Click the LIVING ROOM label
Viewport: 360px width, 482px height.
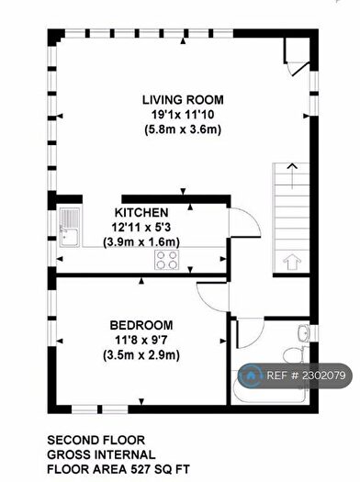pos(183,100)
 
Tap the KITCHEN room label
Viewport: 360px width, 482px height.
pos(141,213)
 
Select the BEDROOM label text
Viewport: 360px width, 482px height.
pos(141,325)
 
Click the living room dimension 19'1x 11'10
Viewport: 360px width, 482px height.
pos(183,115)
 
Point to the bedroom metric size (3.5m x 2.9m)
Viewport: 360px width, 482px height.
pos(141,355)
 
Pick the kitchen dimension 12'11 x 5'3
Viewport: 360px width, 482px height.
pos(141,228)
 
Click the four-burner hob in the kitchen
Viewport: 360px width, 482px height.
pos(166,260)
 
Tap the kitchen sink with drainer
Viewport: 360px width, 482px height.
pos(70,227)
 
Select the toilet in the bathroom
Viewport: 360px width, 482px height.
pos(294,355)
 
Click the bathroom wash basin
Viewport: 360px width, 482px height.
pos(304,332)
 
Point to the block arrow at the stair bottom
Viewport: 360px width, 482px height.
pos(291,263)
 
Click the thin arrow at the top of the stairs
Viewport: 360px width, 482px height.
pos(292,176)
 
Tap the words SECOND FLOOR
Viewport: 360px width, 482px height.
pos(96,440)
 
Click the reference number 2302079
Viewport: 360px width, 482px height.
pos(323,376)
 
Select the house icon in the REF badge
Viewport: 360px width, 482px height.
pos(251,376)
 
